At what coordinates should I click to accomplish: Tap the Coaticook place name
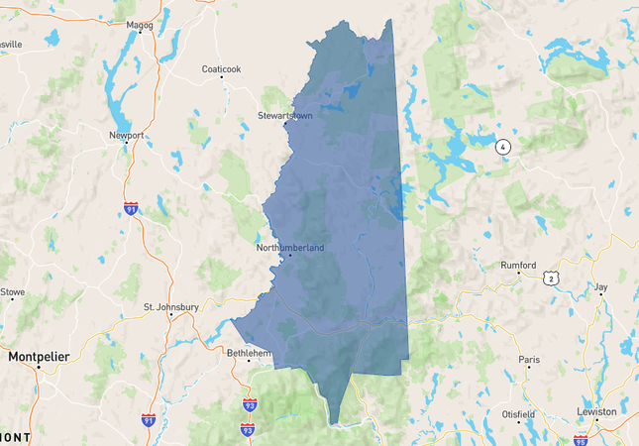coord(221,69)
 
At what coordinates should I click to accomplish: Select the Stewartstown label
coord(285,116)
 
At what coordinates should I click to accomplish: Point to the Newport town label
coord(127,135)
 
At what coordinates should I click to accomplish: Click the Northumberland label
coord(290,248)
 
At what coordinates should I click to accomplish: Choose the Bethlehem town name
coord(249,352)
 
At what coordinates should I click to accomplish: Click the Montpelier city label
coord(40,355)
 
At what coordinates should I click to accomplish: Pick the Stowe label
coord(12,292)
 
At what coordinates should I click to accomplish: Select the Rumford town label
coord(518,266)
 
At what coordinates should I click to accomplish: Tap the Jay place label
coord(600,287)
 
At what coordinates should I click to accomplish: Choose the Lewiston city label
coord(596,411)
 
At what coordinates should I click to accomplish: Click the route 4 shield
coord(503,147)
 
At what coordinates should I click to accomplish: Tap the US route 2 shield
coord(550,279)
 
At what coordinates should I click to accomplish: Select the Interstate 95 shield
coord(581,437)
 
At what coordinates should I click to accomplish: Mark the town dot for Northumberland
coord(290,256)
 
